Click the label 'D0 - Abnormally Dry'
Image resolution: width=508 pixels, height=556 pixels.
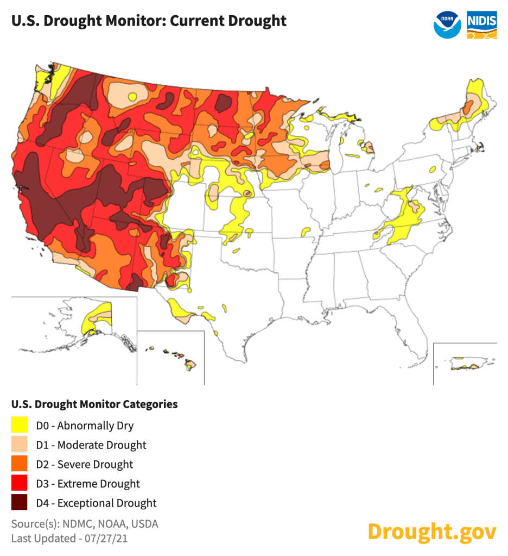[84, 426]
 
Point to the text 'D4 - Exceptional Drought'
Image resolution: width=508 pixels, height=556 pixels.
[96, 503]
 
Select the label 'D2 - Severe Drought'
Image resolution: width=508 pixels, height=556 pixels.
[84, 464]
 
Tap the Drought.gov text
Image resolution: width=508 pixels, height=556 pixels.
[431, 531]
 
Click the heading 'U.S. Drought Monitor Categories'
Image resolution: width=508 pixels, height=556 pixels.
[94, 404]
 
